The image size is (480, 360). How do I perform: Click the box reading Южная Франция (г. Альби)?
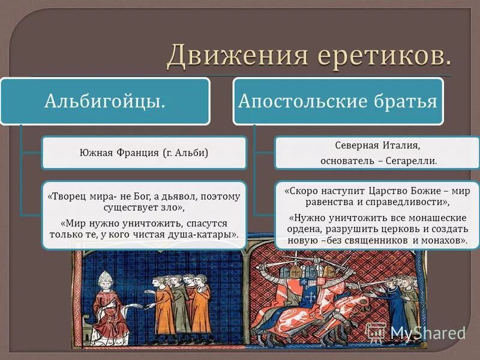coord(144,152)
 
